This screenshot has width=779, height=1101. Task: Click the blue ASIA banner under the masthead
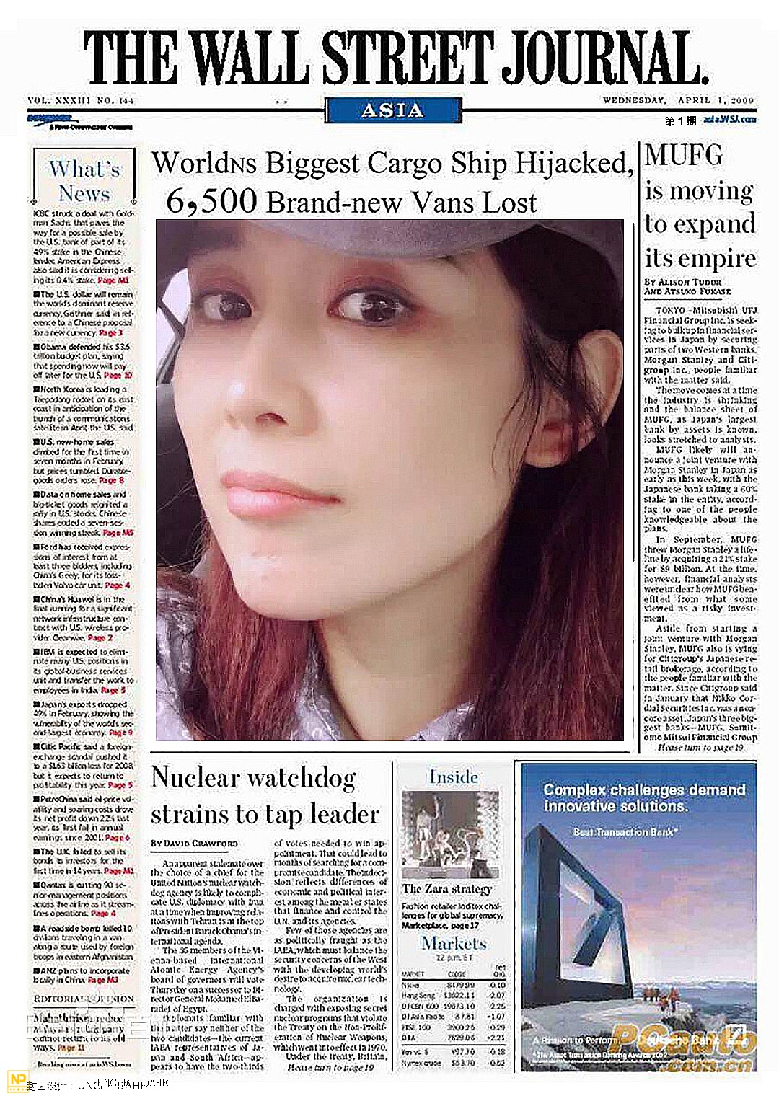click(392, 110)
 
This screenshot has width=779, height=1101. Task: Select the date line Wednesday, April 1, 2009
click(678, 100)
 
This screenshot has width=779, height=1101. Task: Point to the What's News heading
click(84, 181)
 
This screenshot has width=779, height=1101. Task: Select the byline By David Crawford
click(194, 843)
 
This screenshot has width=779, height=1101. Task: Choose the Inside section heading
click(454, 777)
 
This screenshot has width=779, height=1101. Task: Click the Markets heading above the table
click(454, 943)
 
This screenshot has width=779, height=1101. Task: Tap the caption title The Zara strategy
click(446, 889)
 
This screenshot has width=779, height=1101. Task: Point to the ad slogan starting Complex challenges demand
click(643, 797)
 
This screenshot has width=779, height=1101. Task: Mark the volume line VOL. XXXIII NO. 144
click(81, 100)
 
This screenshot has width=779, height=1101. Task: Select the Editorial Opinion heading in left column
click(84, 999)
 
